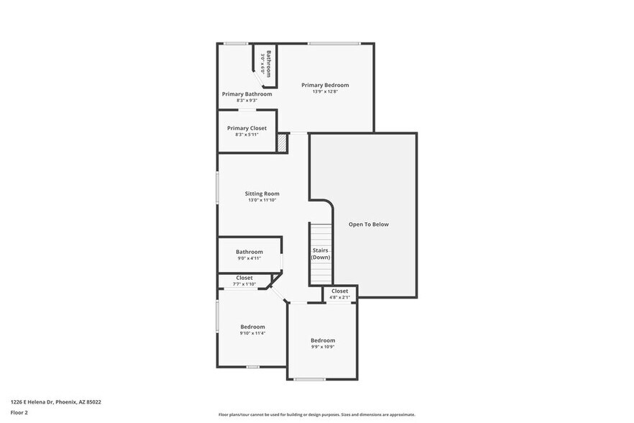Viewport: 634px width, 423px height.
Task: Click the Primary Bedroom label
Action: tap(325, 86)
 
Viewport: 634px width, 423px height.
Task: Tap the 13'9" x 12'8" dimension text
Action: tap(325, 92)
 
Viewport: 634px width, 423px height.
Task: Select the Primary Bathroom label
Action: tap(247, 94)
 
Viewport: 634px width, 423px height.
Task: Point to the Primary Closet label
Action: tap(247, 128)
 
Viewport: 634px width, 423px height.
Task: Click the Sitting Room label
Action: tap(262, 194)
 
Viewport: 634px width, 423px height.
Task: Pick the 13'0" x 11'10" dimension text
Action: tap(262, 200)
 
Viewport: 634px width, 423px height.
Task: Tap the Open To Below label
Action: tap(368, 224)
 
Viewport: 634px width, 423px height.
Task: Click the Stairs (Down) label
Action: tap(321, 253)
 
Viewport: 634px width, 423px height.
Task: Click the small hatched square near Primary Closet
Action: tap(282, 143)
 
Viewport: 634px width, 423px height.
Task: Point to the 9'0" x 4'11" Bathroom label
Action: tap(249, 252)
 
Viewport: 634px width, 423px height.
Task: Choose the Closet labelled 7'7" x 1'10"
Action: tap(244, 278)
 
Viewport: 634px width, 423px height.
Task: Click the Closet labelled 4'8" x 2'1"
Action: tap(339, 291)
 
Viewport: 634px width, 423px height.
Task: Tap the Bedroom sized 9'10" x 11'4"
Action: tap(252, 327)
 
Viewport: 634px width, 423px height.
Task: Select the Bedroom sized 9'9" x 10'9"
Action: tap(323, 340)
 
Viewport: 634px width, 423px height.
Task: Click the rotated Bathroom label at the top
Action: tap(268, 63)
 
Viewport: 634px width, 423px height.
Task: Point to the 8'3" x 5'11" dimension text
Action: tap(247, 135)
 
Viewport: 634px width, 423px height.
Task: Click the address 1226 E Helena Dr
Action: tap(55, 402)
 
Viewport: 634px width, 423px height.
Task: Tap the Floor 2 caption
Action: tap(19, 413)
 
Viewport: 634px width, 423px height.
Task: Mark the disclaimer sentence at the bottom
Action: tap(317, 414)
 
